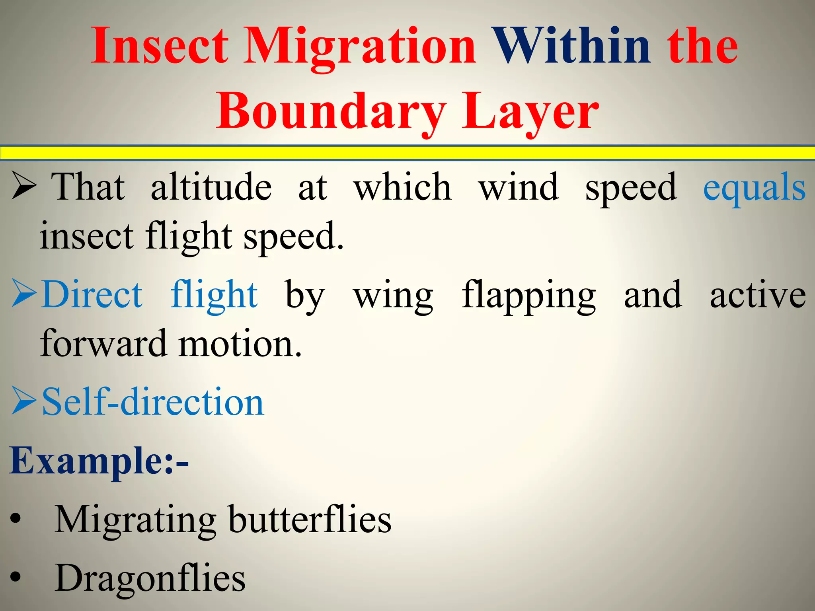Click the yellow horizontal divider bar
coord(407,153)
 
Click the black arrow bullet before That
coord(24,185)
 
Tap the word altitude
coord(211,187)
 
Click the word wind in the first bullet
coord(519,187)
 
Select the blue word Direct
coord(92,295)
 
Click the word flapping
coord(528,296)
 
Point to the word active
coord(758,295)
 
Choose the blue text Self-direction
coord(153,402)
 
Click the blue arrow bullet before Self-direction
coord(24,401)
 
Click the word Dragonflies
coord(150,579)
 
